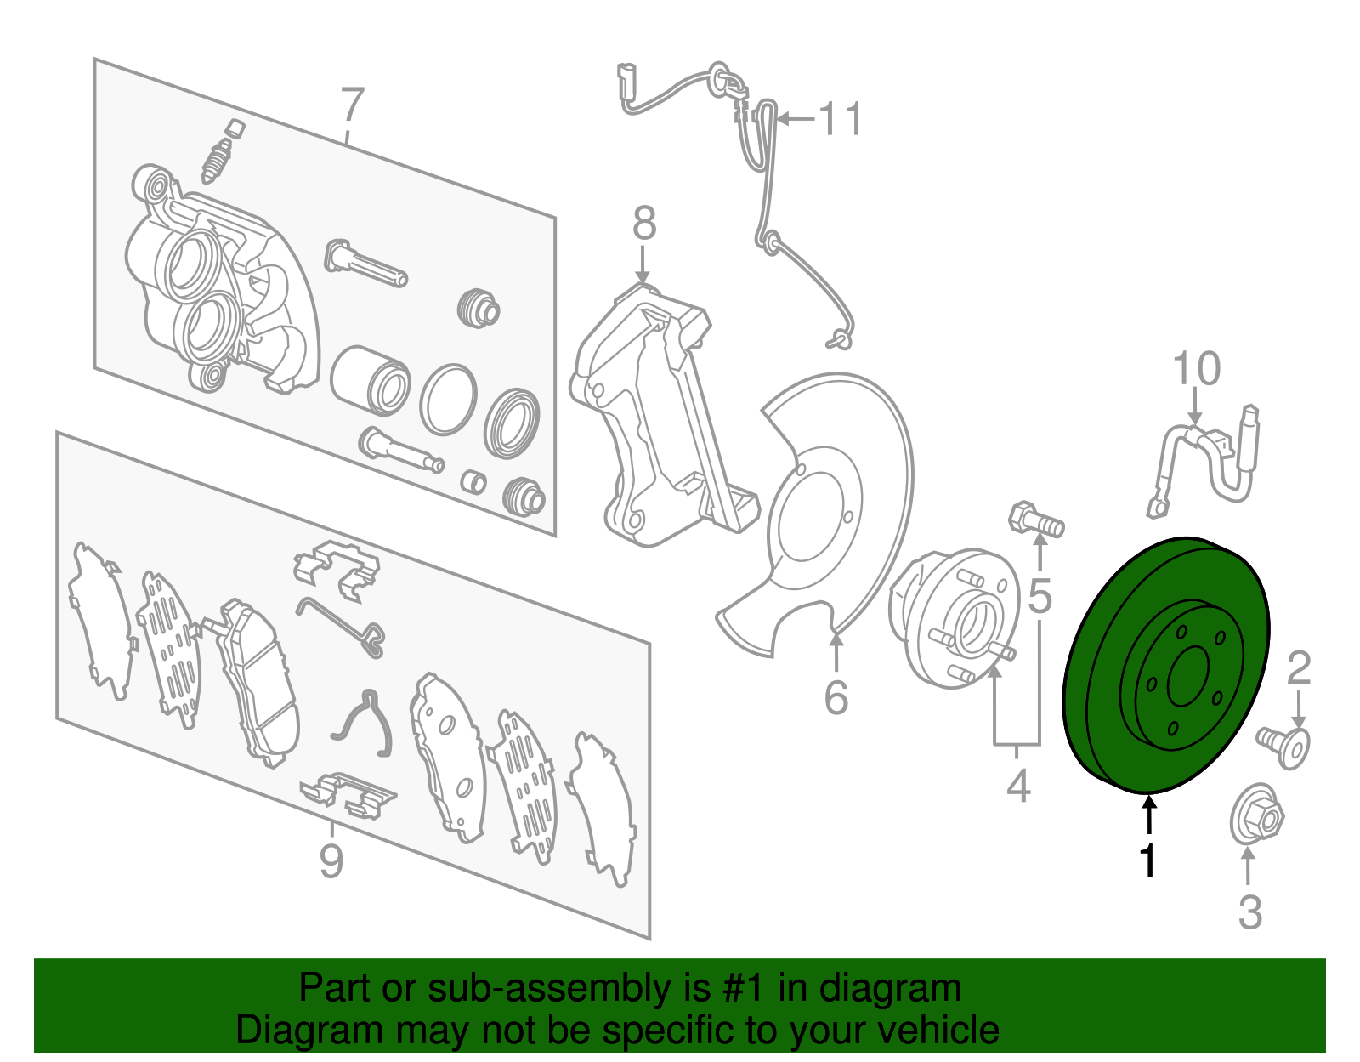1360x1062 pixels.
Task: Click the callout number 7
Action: point(351,107)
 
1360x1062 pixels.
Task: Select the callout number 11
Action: point(840,119)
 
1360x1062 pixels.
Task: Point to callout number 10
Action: point(1196,369)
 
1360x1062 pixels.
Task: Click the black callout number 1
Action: point(1148,860)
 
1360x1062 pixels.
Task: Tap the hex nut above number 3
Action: point(1257,815)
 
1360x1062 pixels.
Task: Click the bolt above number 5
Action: point(1034,520)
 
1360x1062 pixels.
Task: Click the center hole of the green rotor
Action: point(1187,676)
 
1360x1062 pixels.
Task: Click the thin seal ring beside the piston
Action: point(447,400)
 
